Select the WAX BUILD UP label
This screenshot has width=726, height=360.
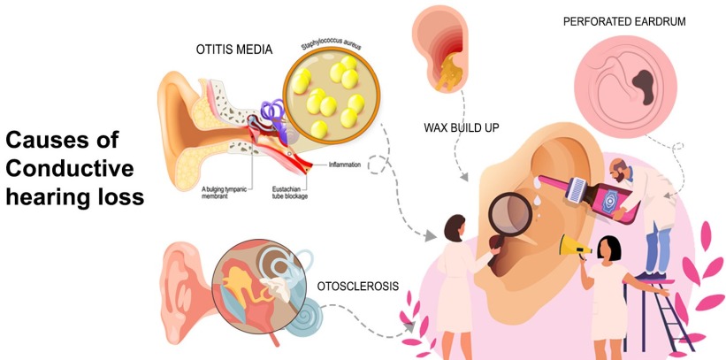462,128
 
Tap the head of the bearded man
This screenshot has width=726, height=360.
623,168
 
